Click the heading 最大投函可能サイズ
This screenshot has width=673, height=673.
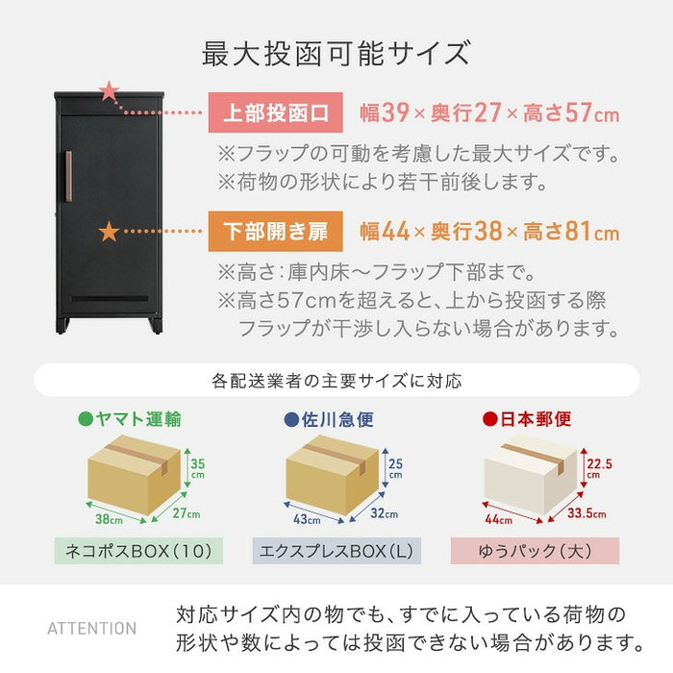(336, 52)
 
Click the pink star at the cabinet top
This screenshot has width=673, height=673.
(110, 92)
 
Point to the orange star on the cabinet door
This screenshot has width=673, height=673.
(109, 232)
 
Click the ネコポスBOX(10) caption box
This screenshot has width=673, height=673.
(137, 551)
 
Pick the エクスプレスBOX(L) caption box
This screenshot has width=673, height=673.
(336, 551)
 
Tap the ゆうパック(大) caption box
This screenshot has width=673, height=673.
(536, 551)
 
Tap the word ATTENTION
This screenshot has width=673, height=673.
(92, 629)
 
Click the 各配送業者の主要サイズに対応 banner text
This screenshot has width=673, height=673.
(336, 381)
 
